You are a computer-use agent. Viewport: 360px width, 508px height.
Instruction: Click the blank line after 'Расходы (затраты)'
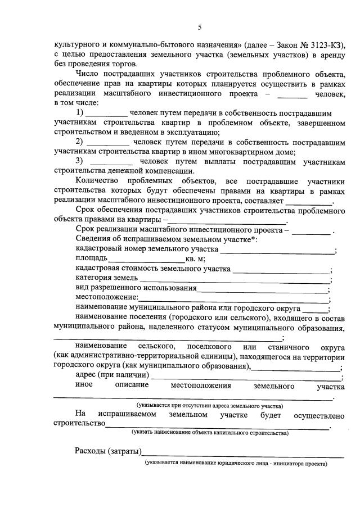tap(236, 453)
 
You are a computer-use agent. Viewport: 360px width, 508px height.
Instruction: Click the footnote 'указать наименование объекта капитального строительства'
tap(210, 434)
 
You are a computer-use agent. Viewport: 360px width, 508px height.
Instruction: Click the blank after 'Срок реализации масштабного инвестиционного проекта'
tap(311, 232)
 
